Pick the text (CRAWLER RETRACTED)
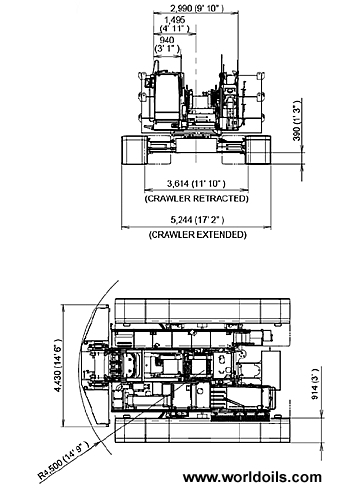(x=196, y=198)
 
